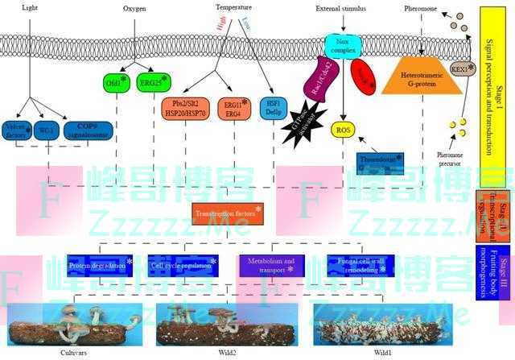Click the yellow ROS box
(344, 131)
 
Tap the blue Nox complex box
(344, 43)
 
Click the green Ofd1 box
(112, 82)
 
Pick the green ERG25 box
(155, 82)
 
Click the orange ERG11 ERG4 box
(235, 110)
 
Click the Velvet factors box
(17, 130)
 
